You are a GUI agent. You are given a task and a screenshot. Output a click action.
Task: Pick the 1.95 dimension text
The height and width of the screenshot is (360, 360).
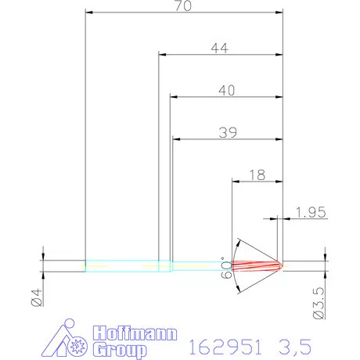coord(311,211)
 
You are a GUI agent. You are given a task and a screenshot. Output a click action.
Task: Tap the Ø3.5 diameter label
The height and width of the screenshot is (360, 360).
coord(318,301)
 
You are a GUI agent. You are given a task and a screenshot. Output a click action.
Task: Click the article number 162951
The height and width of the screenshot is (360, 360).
coord(227,344)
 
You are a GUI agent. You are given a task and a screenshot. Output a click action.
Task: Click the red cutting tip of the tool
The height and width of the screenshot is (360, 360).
coord(262,265)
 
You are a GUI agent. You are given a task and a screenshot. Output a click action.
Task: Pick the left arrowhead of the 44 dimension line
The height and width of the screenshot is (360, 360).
coord(162,55)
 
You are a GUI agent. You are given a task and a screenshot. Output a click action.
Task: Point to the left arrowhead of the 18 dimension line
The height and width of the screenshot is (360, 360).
coord(236,181)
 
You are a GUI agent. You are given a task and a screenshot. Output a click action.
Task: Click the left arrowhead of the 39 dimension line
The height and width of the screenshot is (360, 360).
coord(175,139)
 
